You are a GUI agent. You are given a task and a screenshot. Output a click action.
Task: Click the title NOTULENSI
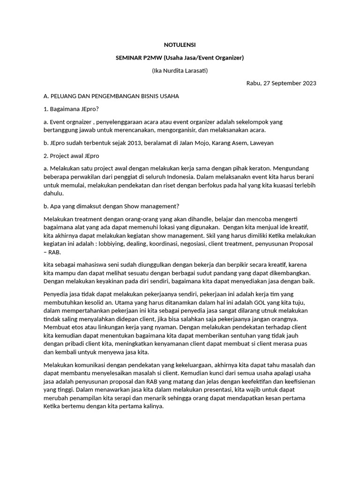click(x=180, y=45)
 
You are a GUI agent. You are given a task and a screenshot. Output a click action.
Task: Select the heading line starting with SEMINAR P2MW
click(x=180, y=58)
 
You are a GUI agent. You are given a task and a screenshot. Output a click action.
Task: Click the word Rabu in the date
click(x=254, y=83)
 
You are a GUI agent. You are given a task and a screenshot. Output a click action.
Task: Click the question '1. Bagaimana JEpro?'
click(x=71, y=109)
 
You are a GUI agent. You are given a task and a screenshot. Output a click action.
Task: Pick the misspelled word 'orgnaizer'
click(x=78, y=122)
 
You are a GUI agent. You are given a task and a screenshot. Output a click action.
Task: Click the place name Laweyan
click(x=261, y=142)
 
